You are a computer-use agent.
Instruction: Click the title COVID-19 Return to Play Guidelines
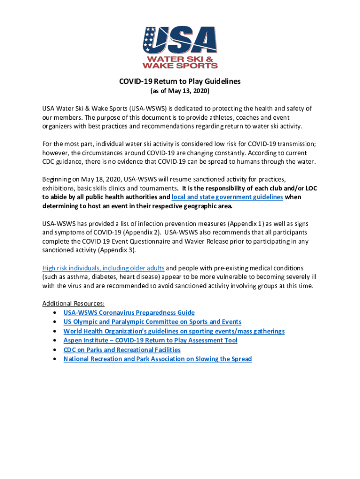pos(180,81)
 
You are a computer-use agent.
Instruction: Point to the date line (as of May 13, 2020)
pos(180,91)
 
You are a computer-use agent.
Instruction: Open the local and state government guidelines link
pos(227,197)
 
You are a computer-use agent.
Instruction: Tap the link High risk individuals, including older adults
pos(103,268)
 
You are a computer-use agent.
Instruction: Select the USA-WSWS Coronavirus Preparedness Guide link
pos(129,312)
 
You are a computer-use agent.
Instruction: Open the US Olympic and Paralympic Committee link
pos(152,322)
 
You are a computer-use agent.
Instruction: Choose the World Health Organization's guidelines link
pos(174,331)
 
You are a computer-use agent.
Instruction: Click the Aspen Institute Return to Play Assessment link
pos(151,341)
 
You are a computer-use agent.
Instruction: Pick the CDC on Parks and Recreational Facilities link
pos(122,350)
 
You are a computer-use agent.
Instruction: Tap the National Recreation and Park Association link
pos(158,359)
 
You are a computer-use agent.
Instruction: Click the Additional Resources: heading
pos(70,303)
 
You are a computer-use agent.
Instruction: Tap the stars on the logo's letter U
pos(150,37)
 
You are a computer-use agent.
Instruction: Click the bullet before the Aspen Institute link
pos(56,341)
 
